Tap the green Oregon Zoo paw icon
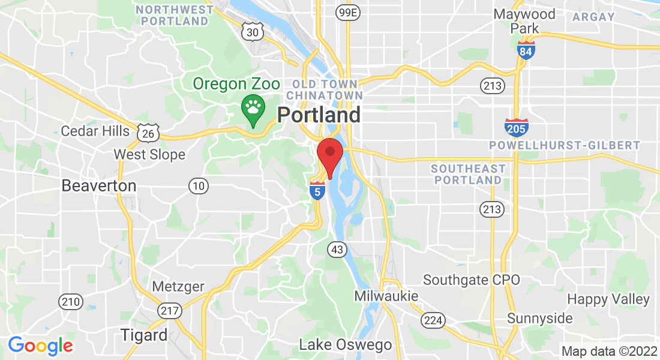[253, 109]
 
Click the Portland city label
[319, 115]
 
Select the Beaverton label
[99, 186]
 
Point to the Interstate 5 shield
[317, 190]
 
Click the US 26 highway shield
[147, 132]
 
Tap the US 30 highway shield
[253, 32]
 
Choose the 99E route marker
[347, 13]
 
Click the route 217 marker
[170, 310]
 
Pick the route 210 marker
[71, 302]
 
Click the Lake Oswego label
[345, 345]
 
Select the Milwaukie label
[386, 296]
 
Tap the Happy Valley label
[608, 299]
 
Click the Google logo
[40, 346]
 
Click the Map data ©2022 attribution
[608, 351]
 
